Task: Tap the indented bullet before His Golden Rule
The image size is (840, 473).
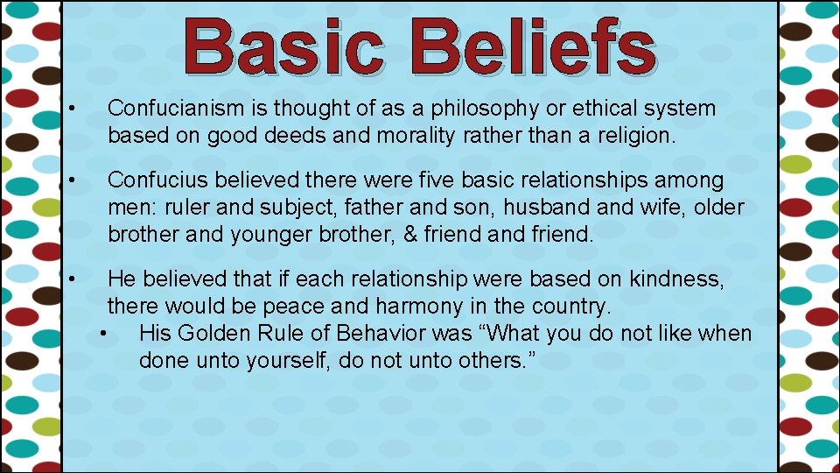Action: click(x=106, y=334)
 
